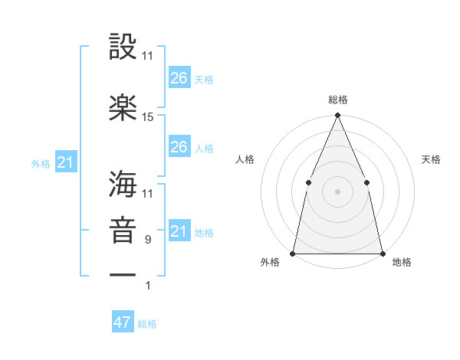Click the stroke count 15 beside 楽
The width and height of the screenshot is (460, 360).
pyautogui.click(x=148, y=117)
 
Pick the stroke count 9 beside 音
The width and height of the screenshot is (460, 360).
pyautogui.click(x=147, y=240)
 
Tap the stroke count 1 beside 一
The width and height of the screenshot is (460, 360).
pyautogui.click(x=149, y=286)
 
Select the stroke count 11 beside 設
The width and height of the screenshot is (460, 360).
pyautogui.click(x=148, y=56)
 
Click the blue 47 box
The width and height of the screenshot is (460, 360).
pyautogui.click(x=123, y=322)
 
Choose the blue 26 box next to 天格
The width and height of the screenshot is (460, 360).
pyautogui.click(x=179, y=78)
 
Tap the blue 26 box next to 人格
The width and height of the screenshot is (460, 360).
pyautogui.click(x=179, y=147)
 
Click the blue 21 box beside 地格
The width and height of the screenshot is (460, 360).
pyautogui.click(x=179, y=231)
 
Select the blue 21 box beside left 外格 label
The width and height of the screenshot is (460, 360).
pyautogui.click(x=65, y=162)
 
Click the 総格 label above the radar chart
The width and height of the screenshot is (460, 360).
pyautogui.click(x=337, y=100)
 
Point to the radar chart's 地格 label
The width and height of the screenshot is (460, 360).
pyautogui.click(x=402, y=263)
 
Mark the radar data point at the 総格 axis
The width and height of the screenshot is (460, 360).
pyautogui.click(x=337, y=116)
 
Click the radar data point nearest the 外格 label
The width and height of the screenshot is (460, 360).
pyautogui.click(x=293, y=254)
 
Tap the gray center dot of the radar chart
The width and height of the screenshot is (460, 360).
pyautogui.click(x=337, y=191)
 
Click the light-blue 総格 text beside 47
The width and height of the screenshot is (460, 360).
pyautogui.click(x=147, y=324)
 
